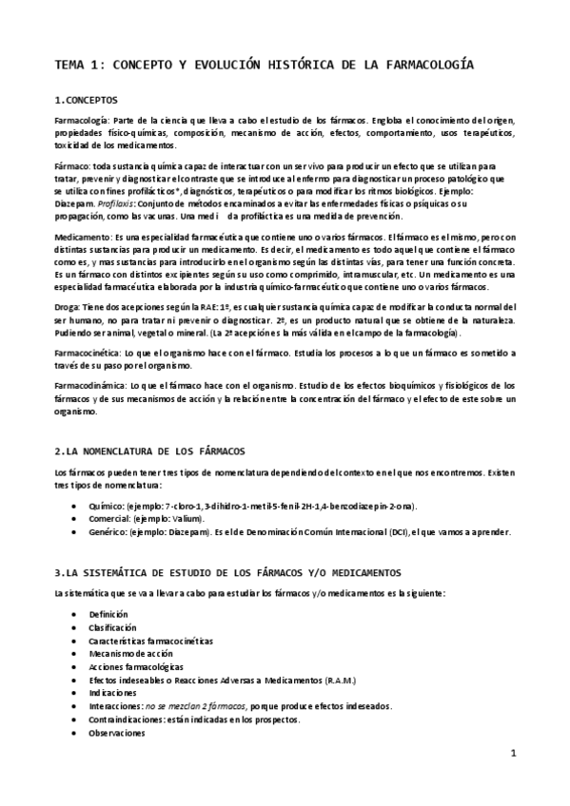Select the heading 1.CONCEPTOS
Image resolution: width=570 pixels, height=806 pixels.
point(87,99)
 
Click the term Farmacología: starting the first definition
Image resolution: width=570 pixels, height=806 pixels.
point(83,122)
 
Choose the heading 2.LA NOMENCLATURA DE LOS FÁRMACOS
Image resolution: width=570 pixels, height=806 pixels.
point(163,450)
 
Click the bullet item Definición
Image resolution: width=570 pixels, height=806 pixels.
point(108,615)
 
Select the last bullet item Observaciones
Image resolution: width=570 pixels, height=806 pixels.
point(114,733)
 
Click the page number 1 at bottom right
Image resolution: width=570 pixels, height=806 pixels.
point(513,754)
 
